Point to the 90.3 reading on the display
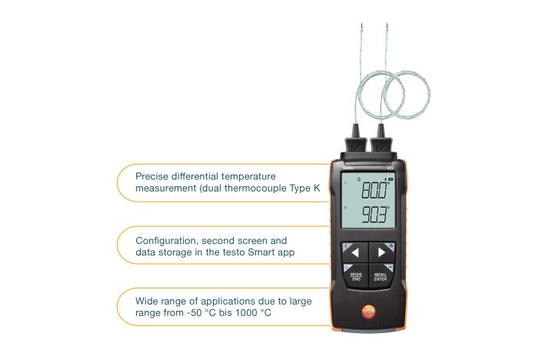[375, 215]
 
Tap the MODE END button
[355, 277]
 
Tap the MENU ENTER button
[381, 277]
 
